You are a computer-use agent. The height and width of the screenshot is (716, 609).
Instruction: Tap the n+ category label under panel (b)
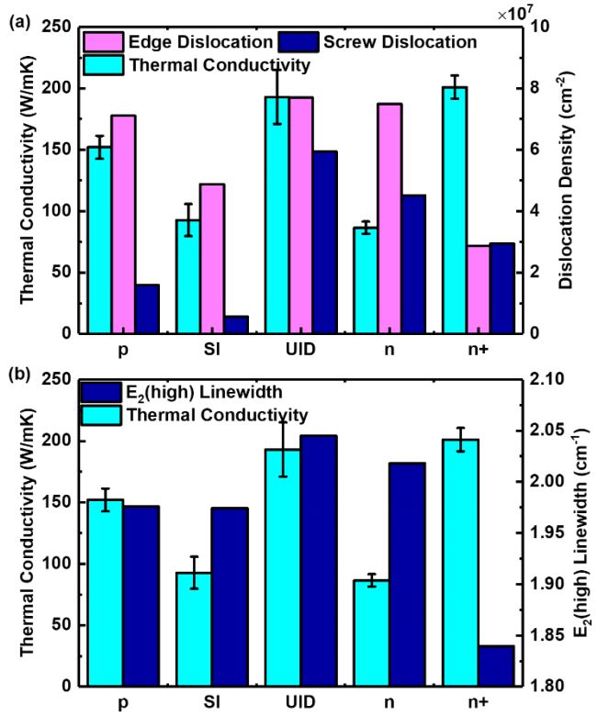(465, 704)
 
